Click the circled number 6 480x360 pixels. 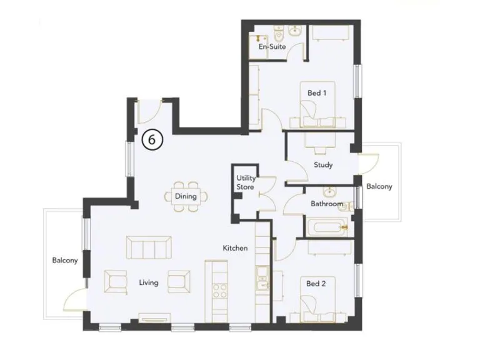(152, 139)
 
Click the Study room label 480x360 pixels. (323, 166)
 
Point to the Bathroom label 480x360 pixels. (326, 204)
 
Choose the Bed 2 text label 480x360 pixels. (316, 283)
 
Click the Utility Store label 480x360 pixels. (246, 183)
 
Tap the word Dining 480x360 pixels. (186, 196)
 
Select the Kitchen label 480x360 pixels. (236, 248)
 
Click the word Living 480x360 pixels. (149, 282)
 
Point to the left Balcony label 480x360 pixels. (65, 261)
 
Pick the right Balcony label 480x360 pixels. (379, 187)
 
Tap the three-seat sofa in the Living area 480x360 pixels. (149, 248)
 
